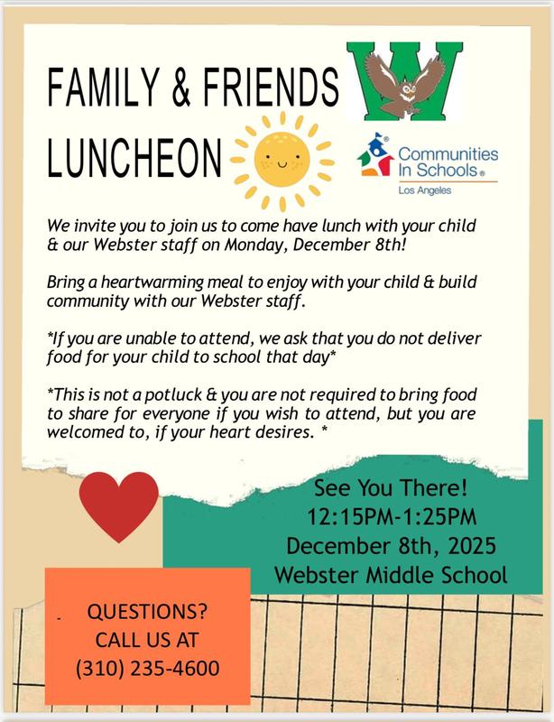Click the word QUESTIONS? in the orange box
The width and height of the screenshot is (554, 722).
pos(146,611)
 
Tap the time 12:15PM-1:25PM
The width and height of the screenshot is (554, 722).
pos(388,518)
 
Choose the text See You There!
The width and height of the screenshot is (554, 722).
pos(388,489)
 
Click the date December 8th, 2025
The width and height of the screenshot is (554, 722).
pos(388,546)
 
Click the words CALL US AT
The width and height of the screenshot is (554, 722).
pos(146,640)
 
